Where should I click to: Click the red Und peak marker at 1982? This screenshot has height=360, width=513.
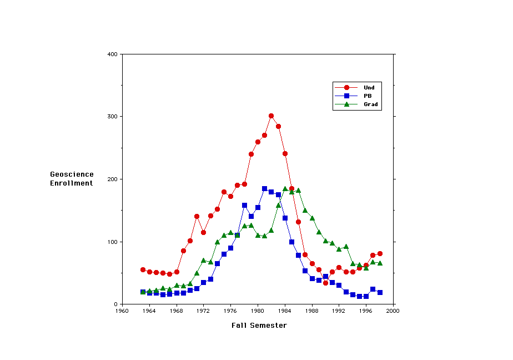(x=271, y=116)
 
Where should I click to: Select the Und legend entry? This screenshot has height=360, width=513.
(x=369, y=87)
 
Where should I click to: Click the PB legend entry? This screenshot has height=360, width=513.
(x=367, y=96)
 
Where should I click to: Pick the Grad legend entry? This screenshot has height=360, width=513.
(x=370, y=104)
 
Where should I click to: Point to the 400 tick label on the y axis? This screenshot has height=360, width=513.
(x=112, y=54)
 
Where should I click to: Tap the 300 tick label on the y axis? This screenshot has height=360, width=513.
(x=112, y=117)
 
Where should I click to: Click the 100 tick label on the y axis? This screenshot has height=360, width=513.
(x=112, y=242)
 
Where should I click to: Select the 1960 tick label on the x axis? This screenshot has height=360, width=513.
(x=122, y=311)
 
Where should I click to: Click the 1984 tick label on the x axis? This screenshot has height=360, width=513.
(x=285, y=311)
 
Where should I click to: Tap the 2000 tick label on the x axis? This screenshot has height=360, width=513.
(x=394, y=311)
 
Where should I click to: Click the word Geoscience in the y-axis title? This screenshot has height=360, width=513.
(x=72, y=174)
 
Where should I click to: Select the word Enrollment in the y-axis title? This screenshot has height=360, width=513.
(x=72, y=183)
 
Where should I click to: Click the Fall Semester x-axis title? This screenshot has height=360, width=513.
(x=259, y=326)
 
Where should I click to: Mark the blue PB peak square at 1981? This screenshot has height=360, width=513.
(x=265, y=189)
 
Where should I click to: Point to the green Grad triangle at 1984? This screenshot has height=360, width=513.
(x=285, y=189)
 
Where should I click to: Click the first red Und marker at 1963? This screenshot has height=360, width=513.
(x=143, y=270)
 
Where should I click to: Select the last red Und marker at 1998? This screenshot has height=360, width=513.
(x=380, y=253)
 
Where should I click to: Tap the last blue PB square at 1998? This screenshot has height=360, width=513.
(x=380, y=292)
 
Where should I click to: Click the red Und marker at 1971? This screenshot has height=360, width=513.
(x=197, y=216)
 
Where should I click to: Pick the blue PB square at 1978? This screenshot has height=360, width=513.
(x=244, y=206)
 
